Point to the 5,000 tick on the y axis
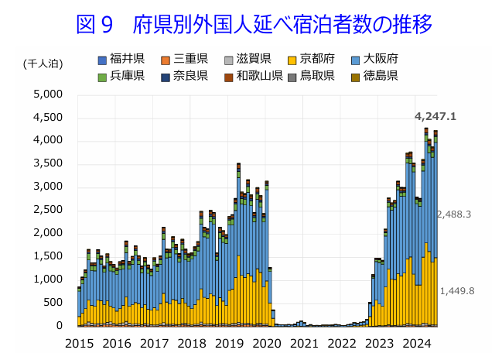pyautogui.click(x=49, y=94)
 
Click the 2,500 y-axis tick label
pyautogui.click(x=49, y=210)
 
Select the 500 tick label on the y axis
pyautogui.click(x=54, y=303)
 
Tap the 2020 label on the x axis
pyautogui.click(x=268, y=343)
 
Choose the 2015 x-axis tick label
pyautogui.click(x=79, y=343)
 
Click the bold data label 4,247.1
pyautogui.click(x=435, y=117)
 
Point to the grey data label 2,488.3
pyautogui.click(x=454, y=214)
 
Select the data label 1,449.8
pyautogui.click(x=456, y=291)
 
